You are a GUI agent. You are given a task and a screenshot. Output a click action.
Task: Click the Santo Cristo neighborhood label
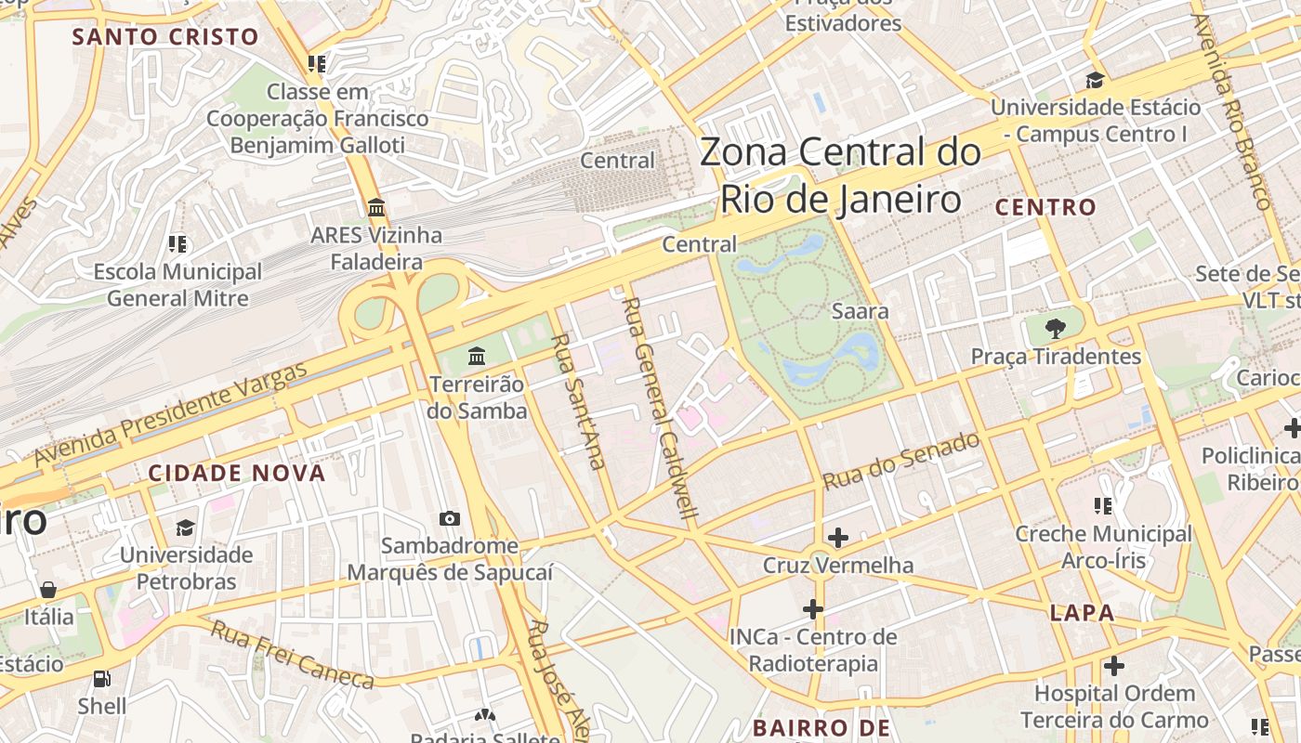point(165,37)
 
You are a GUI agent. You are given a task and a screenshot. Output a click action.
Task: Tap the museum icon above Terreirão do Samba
point(477,356)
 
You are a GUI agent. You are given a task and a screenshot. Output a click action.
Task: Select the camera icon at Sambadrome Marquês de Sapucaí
point(450,518)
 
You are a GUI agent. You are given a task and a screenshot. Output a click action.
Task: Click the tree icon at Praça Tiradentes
point(1055,328)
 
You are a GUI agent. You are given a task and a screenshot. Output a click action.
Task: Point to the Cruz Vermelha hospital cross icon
point(838,537)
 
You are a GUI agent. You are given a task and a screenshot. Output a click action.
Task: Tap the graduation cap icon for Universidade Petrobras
point(186,528)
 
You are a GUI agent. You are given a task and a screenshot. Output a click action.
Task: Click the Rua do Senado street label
point(901,462)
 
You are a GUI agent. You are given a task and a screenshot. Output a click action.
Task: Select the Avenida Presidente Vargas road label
point(171,415)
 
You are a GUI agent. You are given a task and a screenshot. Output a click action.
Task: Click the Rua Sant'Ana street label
point(577,401)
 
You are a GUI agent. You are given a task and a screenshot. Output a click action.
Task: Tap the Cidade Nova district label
point(237,473)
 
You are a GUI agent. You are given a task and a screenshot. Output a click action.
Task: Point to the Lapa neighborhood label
point(1082,613)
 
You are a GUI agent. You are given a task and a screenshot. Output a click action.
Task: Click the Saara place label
point(860,311)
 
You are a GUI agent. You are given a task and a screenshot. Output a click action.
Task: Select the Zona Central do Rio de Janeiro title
point(840,176)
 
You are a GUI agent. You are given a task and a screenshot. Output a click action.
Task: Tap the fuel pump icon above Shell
point(102,679)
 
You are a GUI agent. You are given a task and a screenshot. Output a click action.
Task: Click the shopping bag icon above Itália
point(48,590)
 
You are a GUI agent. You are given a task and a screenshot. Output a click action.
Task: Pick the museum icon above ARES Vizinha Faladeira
point(376,207)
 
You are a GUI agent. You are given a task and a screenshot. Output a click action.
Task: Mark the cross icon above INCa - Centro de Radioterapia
point(813,609)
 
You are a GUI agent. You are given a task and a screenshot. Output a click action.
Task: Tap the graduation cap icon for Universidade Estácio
point(1095,80)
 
